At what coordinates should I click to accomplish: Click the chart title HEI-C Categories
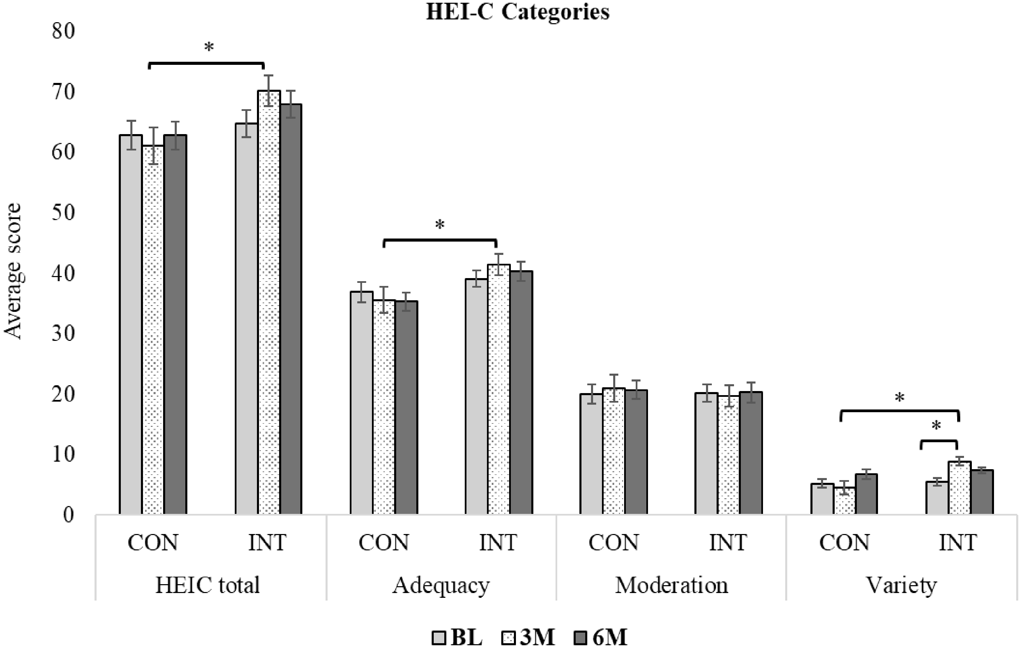coord(517,12)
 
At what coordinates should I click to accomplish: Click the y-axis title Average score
coord(13,272)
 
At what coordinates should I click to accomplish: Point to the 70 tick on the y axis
coord(63,92)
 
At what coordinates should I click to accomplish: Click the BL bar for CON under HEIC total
coord(130,325)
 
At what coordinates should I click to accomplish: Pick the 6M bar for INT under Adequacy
coord(521,393)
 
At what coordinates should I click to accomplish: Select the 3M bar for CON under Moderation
coord(614,451)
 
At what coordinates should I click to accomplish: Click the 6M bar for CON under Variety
coord(867,494)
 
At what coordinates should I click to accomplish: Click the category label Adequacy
coord(441,585)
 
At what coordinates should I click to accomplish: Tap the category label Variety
coord(902,585)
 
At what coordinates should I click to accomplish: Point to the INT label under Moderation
coord(728,543)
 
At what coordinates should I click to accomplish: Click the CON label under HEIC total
coord(153,543)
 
